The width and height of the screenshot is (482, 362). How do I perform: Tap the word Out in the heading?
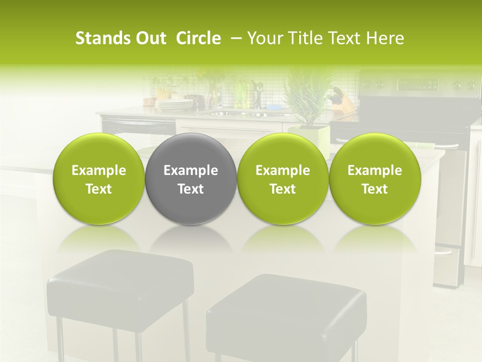150,38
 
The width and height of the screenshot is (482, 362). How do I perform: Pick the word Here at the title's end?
386,38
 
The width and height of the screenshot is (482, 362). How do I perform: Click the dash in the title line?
234,38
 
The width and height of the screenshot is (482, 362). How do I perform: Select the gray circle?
191,179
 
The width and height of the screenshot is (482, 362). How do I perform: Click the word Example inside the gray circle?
191,170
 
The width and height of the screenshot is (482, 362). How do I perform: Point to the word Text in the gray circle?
191,189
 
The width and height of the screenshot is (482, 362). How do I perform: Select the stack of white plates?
174,105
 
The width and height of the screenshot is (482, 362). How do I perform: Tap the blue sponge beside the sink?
274,107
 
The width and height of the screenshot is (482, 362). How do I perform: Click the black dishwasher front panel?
138,126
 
